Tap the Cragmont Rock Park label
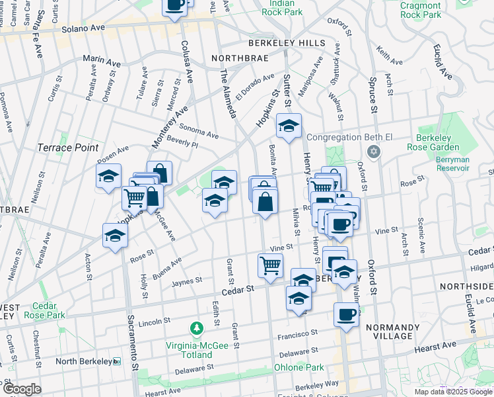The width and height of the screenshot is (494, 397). (x=420, y=9)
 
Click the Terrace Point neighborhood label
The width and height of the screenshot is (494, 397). (x=68, y=148)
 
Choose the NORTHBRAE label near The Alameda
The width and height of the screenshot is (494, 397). (x=240, y=58)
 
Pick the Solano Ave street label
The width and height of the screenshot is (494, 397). (x=83, y=29)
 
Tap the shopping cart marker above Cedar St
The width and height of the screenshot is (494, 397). (x=270, y=265)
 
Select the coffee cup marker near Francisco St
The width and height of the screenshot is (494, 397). (x=346, y=315)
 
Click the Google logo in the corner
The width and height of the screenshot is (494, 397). (x=21, y=389)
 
